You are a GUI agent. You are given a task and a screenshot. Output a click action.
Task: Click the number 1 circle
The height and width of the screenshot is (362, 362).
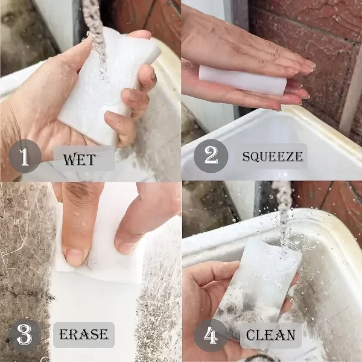(x=25, y=156)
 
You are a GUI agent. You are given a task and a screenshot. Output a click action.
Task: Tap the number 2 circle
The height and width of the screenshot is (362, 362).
(x=211, y=156)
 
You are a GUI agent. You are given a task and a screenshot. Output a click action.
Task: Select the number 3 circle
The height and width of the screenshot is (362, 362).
(x=25, y=335)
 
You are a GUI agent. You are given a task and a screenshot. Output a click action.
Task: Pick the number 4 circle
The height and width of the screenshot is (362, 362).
(x=211, y=335)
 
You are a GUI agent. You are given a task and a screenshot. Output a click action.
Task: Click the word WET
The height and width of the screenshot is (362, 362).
(x=79, y=159)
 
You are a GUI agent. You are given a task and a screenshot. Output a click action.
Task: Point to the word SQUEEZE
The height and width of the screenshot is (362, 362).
(x=272, y=156)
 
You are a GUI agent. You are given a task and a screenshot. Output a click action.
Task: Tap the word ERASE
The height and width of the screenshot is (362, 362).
(x=84, y=334)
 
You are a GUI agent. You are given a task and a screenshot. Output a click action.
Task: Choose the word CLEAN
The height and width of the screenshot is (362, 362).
(x=270, y=335)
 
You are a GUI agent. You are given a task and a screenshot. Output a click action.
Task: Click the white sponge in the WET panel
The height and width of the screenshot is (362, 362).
(x=109, y=87)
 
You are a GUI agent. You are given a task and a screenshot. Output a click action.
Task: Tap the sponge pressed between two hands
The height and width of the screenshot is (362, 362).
(x=243, y=80)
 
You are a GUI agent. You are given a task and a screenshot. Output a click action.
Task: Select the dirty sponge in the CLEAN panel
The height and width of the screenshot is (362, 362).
(x=259, y=288)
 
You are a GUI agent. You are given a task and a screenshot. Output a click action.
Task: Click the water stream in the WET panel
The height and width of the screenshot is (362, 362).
(x=97, y=34)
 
